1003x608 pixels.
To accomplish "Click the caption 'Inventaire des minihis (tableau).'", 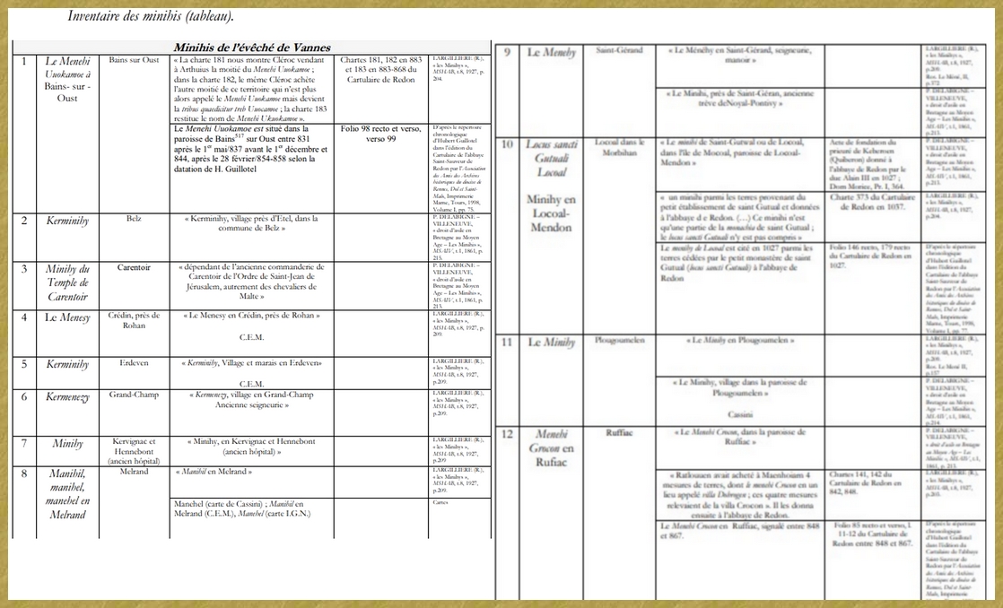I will click(x=151, y=16).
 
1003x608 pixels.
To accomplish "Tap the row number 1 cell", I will click(x=24, y=61).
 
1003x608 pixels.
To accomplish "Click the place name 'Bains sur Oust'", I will click(x=133, y=61).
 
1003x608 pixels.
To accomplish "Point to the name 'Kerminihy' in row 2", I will click(x=68, y=220).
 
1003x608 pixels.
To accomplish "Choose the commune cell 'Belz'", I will click(x=133, y=218).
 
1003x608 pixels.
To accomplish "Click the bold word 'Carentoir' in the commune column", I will click(x=133, y=266).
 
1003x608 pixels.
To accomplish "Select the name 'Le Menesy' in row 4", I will click(x=68, y=318).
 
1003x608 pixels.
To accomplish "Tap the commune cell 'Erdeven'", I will click(x=134, y=363).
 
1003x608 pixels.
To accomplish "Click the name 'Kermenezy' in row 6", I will click(x=68, y=397).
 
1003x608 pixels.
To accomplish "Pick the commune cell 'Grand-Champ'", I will click(x=134, y=395).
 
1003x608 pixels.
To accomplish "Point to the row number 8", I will click(x=24, y=473).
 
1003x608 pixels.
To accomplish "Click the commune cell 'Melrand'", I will click(x=134, y=472).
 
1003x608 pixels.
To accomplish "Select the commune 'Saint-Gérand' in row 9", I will click(x=619, y=50).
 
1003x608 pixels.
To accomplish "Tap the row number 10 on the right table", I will click(x=507, y=143).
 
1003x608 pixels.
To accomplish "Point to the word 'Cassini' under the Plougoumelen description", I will click(x=740, y=415).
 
